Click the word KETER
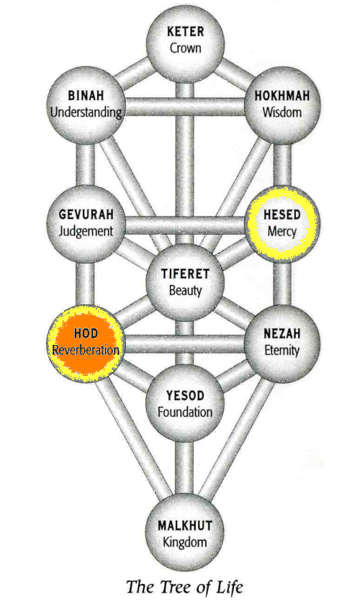point(185,32)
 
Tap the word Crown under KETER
point(186,48)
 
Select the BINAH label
point(86,96)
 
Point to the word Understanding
point(86,112)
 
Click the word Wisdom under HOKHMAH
point(282,112)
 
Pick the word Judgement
point(86,231)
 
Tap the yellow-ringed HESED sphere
point(282,224)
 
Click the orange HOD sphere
point(86,343)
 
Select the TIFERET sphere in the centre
point(185,282)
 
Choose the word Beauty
point(185,291)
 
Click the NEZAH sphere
point(282,343)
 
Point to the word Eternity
point(282,350)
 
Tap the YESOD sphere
point(185,404)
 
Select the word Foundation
point(185,412)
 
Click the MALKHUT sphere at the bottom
point(185,532)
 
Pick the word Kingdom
point(185,541)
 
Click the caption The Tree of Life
point(185,587)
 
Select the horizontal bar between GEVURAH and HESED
point(185,225)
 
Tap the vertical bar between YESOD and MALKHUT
point(185,469)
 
